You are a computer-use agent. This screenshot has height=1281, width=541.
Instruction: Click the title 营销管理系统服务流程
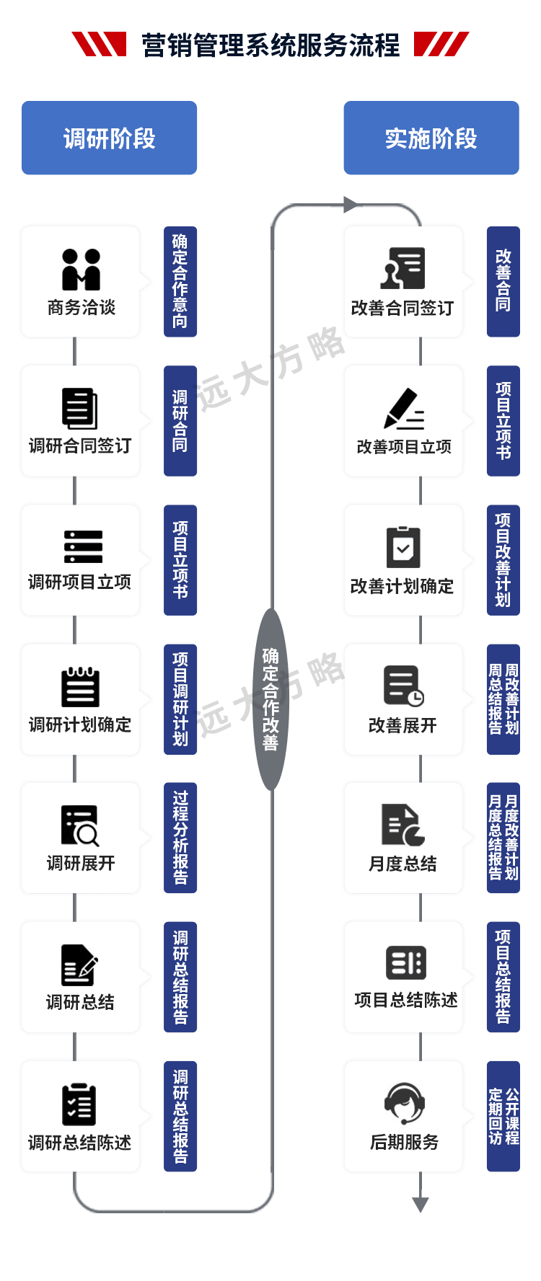coord(270,45)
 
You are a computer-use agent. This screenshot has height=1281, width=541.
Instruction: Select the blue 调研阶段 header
coord(109,138)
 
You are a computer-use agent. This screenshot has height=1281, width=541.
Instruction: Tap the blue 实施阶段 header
coord(431,138)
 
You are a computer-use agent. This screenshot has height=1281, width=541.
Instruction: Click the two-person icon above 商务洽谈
coord(81,269)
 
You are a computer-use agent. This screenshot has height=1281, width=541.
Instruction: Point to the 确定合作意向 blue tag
coord(180,281)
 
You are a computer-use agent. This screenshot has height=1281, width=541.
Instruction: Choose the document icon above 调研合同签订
coord(80,408)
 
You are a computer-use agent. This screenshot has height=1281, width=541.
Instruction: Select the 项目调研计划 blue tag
coord(180,699)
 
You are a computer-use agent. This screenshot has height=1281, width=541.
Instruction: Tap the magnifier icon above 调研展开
coord(80,825)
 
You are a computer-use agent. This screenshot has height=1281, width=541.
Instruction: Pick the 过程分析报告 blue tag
coord(180,838)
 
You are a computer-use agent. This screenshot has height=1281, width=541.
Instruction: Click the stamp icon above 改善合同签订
coord(403,268)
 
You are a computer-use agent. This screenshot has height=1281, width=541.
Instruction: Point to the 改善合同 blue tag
coord(503,281)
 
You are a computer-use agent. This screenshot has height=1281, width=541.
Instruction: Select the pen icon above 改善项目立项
coord(403,409)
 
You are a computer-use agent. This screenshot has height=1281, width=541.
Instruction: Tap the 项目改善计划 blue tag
coord(503,559)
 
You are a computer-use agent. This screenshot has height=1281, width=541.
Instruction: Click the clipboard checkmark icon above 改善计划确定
coord(403,547)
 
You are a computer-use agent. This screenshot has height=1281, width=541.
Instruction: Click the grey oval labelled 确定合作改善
coord(270,699)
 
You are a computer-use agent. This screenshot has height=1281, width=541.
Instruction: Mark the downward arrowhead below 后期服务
coord(421,1203)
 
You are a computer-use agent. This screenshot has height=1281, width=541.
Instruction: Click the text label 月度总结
coord(403,864)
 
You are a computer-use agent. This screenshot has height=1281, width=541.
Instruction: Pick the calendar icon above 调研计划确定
coord(80,687)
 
